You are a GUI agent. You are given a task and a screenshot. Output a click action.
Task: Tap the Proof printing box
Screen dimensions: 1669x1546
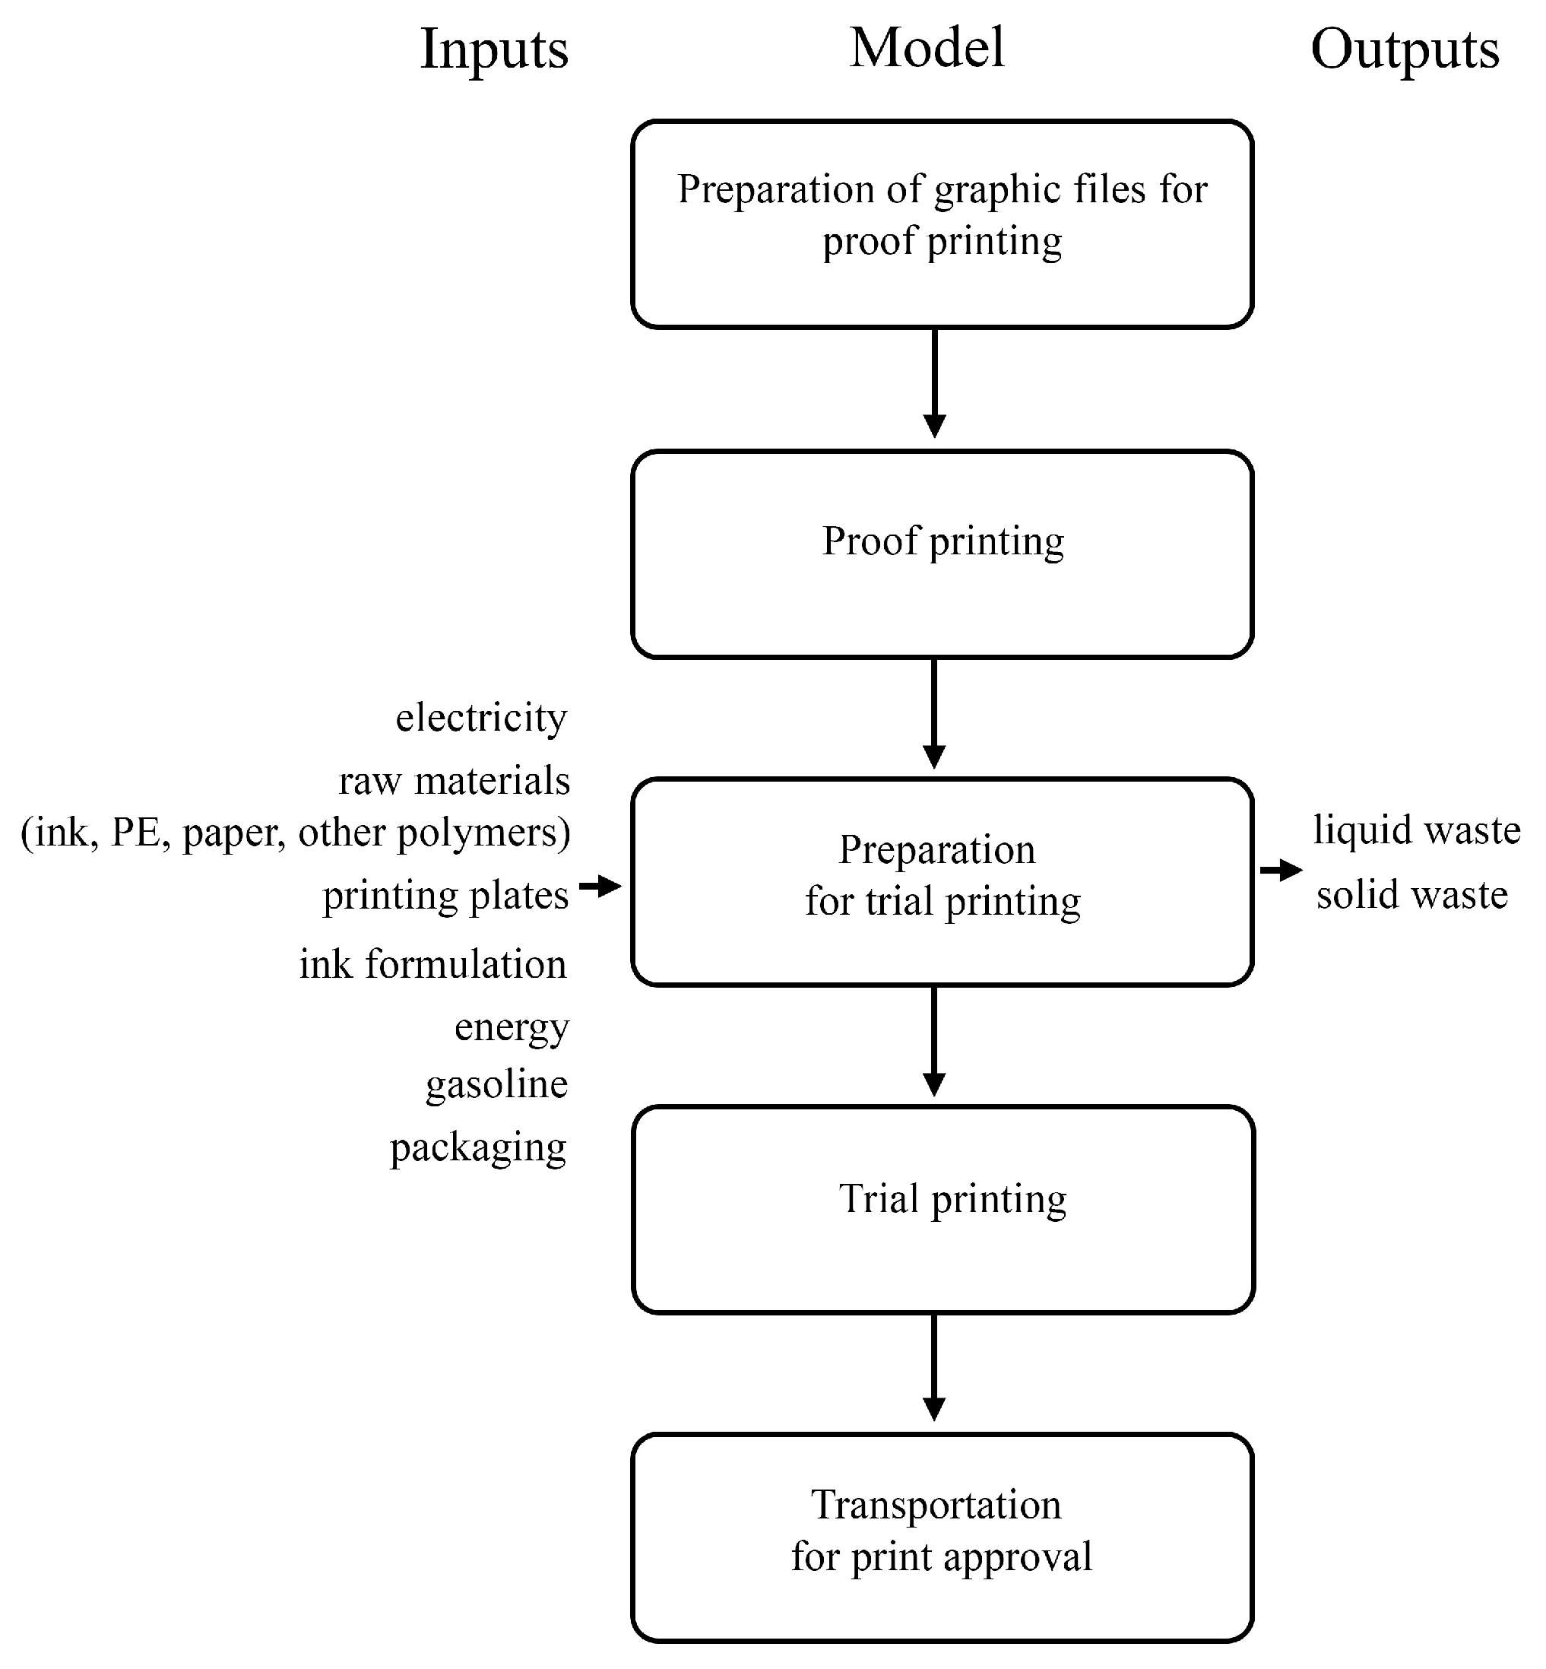coord(942,554)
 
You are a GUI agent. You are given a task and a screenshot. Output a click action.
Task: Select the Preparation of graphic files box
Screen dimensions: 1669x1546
coord(942,224)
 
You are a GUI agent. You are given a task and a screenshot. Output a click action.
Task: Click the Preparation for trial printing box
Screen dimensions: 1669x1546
coord(942,882)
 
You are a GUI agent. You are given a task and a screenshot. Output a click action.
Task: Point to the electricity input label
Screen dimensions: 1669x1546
coord(481,717)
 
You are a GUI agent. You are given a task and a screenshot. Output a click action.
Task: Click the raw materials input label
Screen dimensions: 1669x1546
coord(455,781)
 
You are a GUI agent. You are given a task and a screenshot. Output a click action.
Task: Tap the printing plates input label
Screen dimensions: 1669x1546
coord(445,896)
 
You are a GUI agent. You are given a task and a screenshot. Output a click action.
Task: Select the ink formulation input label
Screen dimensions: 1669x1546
coord(432,963)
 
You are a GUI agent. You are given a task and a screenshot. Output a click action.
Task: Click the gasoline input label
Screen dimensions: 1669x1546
coord(496,1084)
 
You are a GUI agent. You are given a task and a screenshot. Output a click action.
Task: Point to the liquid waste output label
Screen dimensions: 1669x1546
coord(1416,830)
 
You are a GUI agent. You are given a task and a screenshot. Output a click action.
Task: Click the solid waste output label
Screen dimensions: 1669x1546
coord(1412,895)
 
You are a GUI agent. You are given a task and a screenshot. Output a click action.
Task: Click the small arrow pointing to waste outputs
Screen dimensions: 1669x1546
coord(1281,871)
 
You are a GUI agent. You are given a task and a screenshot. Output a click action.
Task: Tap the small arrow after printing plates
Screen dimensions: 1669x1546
coord(600,885)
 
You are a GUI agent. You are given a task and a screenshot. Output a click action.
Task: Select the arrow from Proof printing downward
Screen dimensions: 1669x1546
coord(933,713)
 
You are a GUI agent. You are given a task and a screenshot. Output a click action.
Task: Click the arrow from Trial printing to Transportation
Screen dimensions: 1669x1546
coord(933,1368)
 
